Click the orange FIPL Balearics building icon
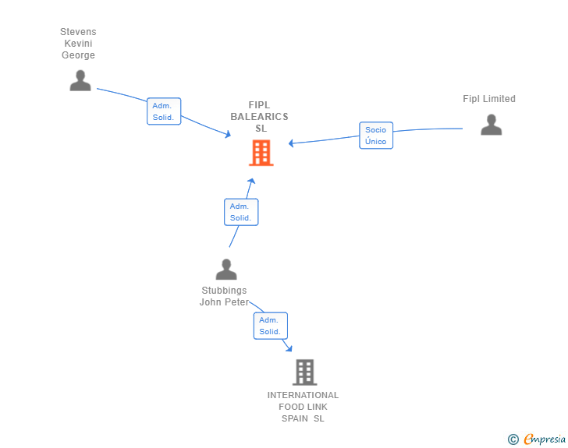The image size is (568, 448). (261, 153)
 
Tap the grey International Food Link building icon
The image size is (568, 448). (304, 372)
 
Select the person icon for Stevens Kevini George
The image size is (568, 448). (80, 80)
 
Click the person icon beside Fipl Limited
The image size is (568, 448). (492, 125)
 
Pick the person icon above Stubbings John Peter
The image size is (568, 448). (226, 270)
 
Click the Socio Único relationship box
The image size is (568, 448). (376, 136)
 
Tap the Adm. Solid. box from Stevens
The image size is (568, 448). (164, 111)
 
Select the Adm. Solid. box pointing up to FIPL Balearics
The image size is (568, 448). (241, 212)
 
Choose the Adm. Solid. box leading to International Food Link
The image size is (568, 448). (271, 326)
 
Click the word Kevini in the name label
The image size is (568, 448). (78, 44)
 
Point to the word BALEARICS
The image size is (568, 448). (259, 117)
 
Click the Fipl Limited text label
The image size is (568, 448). (489, 99)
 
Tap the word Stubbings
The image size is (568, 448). (224, 291)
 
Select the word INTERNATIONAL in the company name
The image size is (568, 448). (303, 395)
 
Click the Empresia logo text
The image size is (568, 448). (545, 439)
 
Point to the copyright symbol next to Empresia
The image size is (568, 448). (513, 439)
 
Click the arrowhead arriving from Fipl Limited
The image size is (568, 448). (290, 143)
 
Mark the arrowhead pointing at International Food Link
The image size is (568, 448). (289, 348)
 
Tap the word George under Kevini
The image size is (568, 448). (78, 55)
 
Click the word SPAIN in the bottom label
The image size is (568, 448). (295, 418)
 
